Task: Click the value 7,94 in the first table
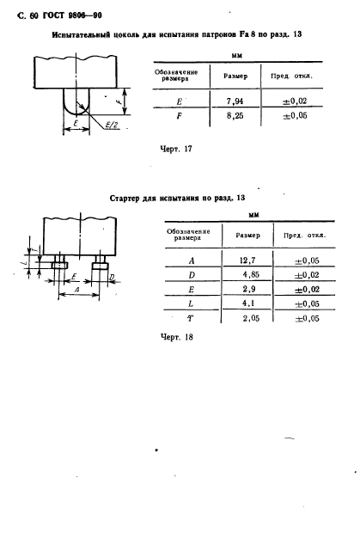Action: click(x=235, y=101)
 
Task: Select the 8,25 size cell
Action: click(x=235, y=115)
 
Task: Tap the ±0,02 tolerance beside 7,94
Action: click(x=295, y=101)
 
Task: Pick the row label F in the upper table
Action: click(x=179, y=116)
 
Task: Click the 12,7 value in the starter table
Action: click(x=247, y=260)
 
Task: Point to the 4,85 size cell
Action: click(x=251, y=274)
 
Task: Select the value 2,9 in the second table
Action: click(x=249, y=289)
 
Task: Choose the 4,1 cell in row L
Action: click(x=248, y=303)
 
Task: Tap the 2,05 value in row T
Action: click(x=251, y=318)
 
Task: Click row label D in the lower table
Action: click(x=192, y=275)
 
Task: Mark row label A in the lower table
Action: click(x=192, y=261)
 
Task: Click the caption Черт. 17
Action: click(x=176, y=149)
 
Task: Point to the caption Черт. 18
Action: click(x=177, y=337)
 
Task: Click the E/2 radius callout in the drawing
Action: click(x=112, y=125)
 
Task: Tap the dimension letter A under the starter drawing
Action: click(x=76, y=290)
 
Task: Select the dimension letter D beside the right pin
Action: click(x=112, y=277)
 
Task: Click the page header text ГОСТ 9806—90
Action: click(x=72, y=15)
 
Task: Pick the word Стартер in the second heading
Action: click(x=125, y=199)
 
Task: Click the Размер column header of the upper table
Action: click(x=235, y=76)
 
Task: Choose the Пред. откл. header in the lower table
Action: click(x=304, y=236)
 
